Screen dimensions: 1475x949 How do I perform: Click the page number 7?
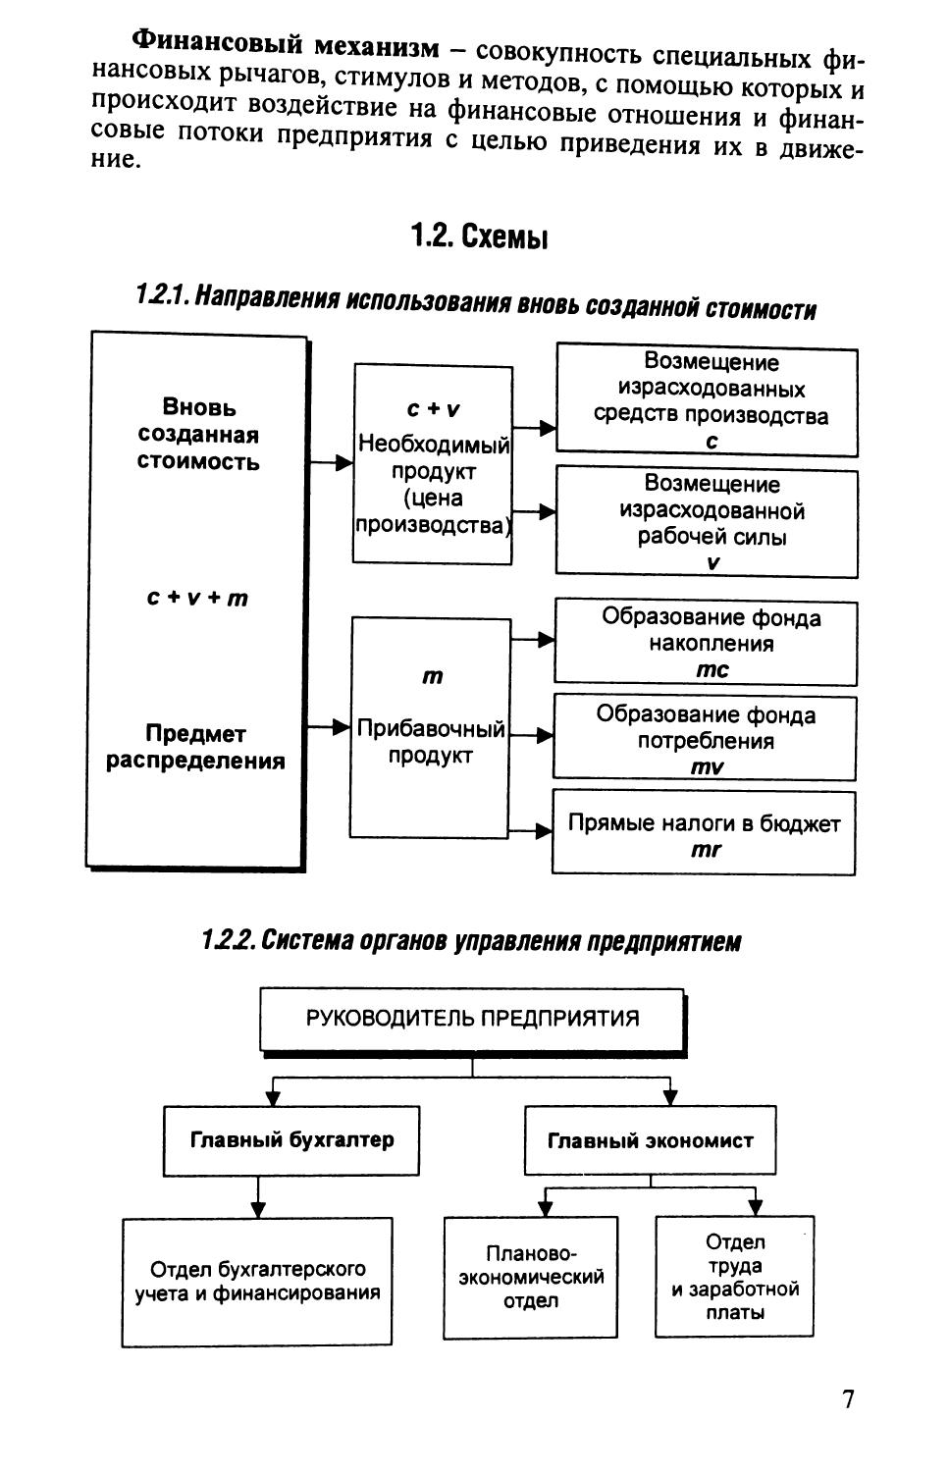pos(848,1398)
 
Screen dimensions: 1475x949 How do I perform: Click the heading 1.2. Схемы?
pos(479,237)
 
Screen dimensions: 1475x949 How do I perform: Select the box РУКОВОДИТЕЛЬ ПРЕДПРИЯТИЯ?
pos(472,1018)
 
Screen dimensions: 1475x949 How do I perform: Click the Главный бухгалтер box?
pos(291,1140)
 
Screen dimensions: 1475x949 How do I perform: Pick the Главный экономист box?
pos(650,1140)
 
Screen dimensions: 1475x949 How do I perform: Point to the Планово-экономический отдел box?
pos(531,1278)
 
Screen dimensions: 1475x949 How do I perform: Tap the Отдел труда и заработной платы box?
pos(734,1277)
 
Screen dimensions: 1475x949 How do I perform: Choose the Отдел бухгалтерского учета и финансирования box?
pos(257,1281)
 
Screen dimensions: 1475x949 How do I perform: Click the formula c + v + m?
pos(197,598)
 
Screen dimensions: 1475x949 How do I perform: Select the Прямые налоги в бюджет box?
pos(704,832)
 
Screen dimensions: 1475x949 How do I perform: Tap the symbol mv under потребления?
pos(707,767)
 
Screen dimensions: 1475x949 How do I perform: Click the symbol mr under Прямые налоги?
pos(706,850)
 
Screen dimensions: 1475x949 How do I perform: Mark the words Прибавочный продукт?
pos(431,742)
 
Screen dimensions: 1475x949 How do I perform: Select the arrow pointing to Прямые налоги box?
pos(532,831)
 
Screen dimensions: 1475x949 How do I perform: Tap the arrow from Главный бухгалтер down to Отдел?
pos(258,1197)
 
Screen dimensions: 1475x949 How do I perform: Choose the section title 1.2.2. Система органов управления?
pos(471,941)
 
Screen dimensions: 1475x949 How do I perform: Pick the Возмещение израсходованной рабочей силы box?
pos(707,523)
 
